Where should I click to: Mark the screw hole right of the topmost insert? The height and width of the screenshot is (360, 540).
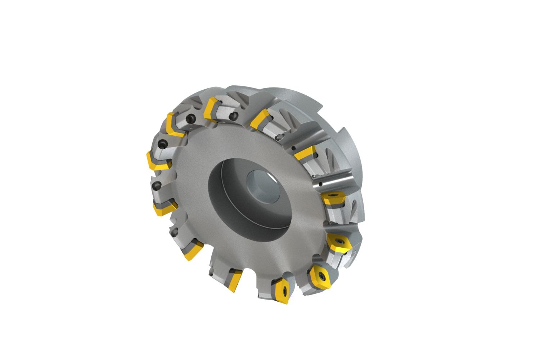point(234,116)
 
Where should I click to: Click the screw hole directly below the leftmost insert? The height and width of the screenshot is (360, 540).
point(157,186)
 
